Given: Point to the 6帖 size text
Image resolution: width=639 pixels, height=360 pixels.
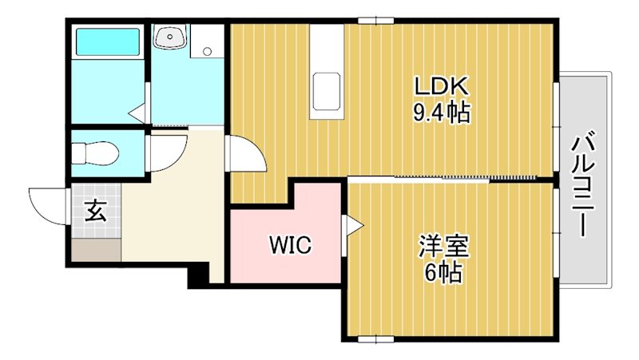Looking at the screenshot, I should click(442, 272).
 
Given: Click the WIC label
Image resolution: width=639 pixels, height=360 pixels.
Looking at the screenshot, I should click(289, 243).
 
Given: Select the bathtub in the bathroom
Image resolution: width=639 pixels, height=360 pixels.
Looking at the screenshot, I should click(107, 42).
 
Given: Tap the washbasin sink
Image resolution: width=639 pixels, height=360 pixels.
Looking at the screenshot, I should click(170, 37).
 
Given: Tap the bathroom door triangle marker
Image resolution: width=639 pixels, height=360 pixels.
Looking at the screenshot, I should click(137, 112).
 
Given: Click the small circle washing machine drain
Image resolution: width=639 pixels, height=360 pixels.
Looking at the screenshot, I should click(208, 52).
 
